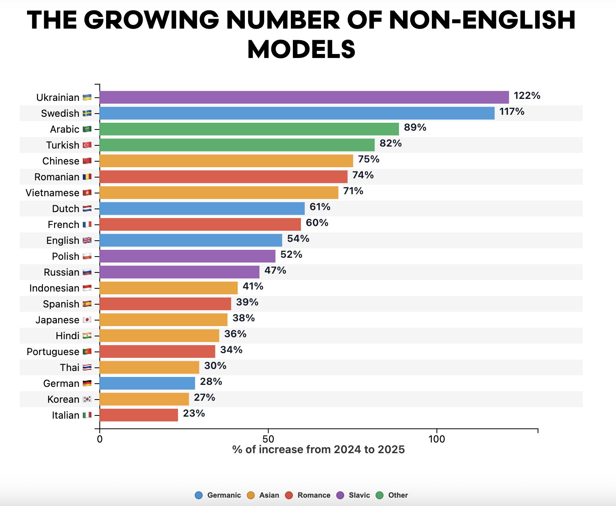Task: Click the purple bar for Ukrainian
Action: coord(304,97)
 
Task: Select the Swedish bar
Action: coord(297,113)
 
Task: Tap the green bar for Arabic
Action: coord(249,129)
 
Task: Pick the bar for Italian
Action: coord(139,415)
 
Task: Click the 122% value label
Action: coord(527,96)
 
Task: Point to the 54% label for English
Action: coord(298,239)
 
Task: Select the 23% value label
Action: coord(194,413)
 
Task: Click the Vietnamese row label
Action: coord(52,193)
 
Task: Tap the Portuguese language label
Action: coord(53,352)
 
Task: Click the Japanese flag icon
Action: coord(87,320)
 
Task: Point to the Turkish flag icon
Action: coord(87,145)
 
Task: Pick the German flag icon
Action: coord(87,383)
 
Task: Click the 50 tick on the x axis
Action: coord(268,439)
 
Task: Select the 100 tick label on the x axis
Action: coord(437,439)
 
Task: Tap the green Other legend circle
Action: coord(380,495)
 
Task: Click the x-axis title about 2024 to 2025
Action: coord(318,450)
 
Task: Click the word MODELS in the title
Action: coord(301,50)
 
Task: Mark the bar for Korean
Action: coord(144,399)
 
